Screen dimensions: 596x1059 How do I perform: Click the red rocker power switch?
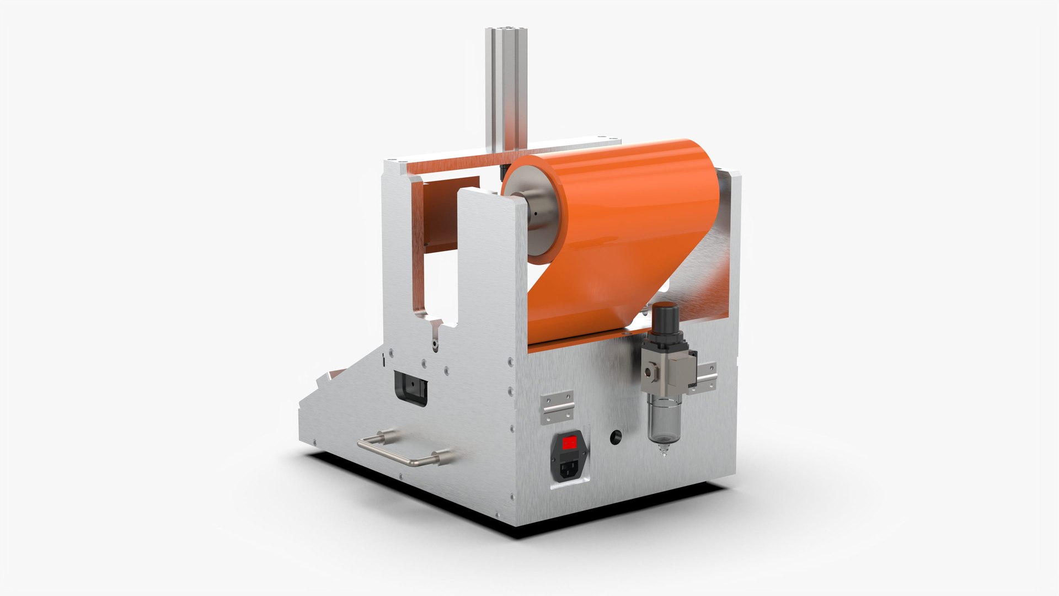570,441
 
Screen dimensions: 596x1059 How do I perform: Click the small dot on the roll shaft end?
535,214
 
